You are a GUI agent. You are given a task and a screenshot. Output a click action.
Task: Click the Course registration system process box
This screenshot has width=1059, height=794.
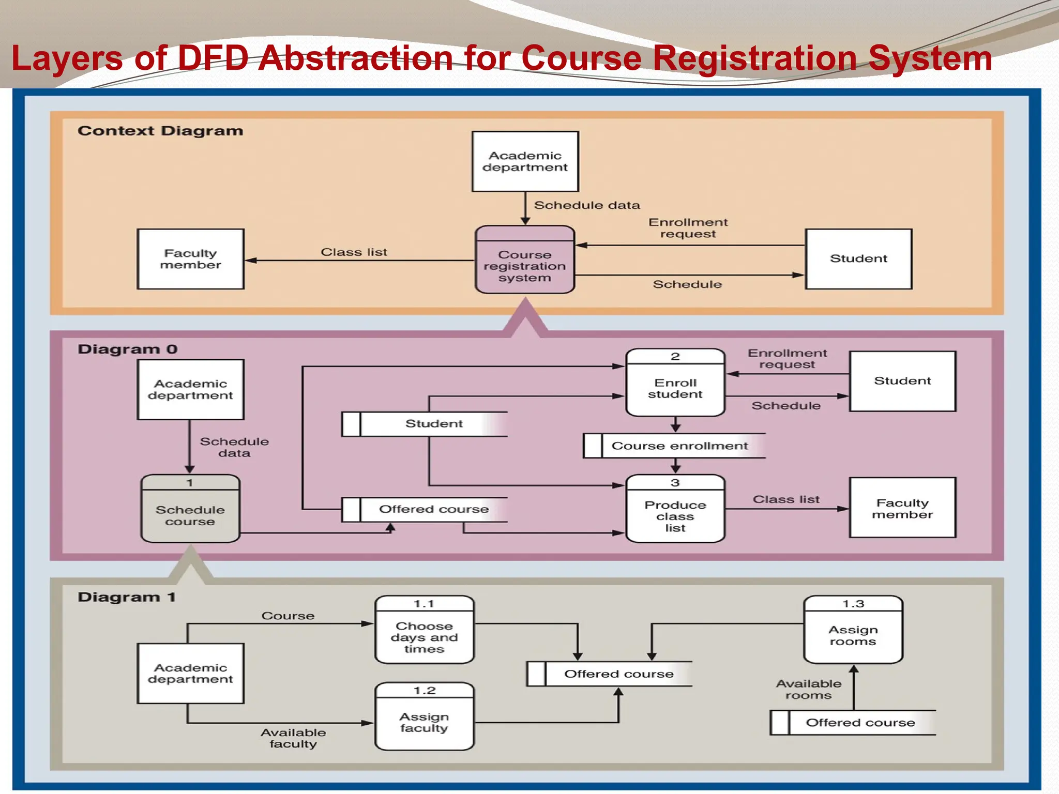tap(525, 261)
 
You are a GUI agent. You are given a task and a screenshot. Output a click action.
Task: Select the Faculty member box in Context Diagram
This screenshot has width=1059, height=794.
tap(190, 259)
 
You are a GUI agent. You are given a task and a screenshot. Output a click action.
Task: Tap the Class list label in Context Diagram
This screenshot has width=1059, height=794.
tap(354, 252)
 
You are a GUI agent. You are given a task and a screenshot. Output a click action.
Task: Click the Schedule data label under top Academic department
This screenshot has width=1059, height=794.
tap(586, 205)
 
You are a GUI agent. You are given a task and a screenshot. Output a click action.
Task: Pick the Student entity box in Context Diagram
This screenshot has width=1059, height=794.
tap(858, 259)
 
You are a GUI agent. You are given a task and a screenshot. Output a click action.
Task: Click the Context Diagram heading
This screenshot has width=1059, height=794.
tap(160, 131)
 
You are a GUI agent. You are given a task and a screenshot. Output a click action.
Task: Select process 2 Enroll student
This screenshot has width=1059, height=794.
tap(675, 383)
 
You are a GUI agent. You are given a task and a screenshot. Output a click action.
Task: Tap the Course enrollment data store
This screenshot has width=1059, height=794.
tap(674, 446)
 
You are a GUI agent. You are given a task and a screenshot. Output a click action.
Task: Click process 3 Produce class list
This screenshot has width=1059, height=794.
tap(675, 509)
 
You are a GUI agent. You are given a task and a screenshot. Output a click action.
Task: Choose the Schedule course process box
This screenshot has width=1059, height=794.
tap(190, 509)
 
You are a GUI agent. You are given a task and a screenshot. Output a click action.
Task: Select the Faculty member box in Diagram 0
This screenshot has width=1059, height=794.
tap(902, 508)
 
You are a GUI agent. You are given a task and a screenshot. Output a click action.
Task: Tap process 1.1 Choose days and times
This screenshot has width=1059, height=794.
tap(424, 630)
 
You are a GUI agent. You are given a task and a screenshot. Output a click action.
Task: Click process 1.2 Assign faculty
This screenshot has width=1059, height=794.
tap(424, 717)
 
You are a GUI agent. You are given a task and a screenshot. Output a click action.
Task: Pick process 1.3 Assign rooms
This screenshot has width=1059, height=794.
tap(853, 630)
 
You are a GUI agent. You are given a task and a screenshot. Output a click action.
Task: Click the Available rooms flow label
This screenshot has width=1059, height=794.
tap(808, 690)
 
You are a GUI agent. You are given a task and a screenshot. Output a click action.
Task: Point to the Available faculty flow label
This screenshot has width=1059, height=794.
tap(293, 738)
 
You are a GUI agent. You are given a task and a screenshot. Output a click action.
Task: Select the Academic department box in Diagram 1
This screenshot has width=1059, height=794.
tap(190, 674)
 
